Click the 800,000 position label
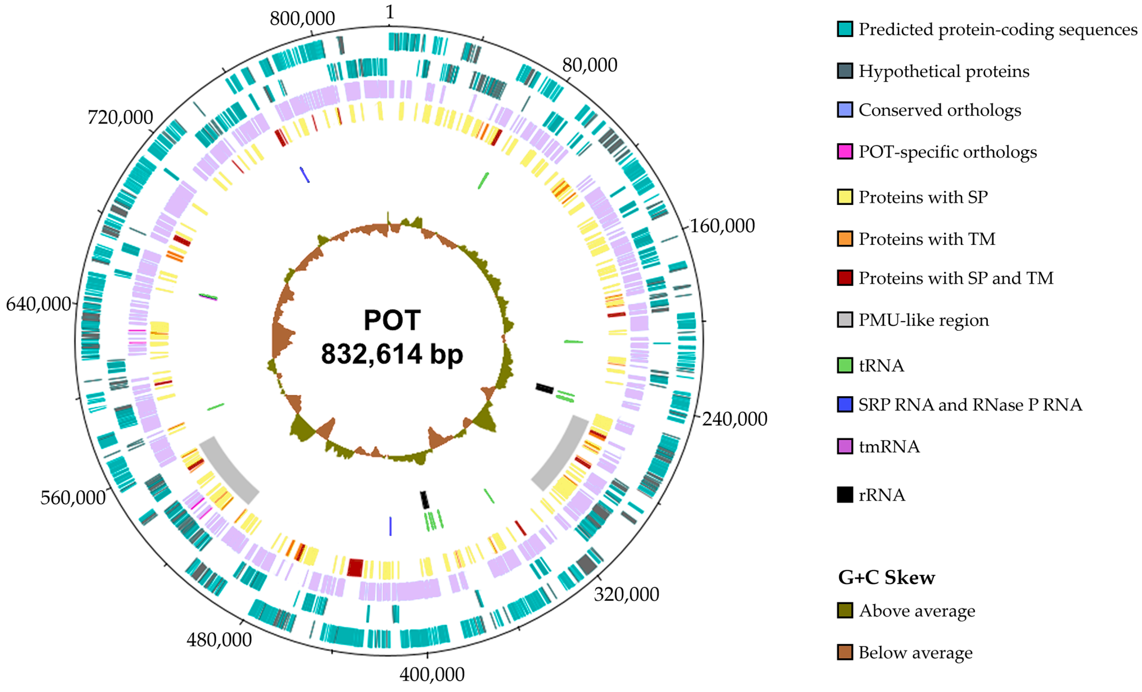point(302,19)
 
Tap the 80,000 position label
point(590,65)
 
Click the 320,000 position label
point(626,595)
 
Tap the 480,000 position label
point(219,640)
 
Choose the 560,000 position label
point(73,498)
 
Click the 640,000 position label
point(38,305)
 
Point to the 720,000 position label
point(120,118)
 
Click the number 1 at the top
point(389,13)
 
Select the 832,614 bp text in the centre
point(392,354)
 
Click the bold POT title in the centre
point(392,320)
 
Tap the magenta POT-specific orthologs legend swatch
point(845,152)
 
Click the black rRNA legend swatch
point(845,495)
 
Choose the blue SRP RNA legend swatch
point(845,405)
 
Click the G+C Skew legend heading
point(886,578)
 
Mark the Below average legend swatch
point(845,652)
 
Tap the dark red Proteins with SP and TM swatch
point(845,278)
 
